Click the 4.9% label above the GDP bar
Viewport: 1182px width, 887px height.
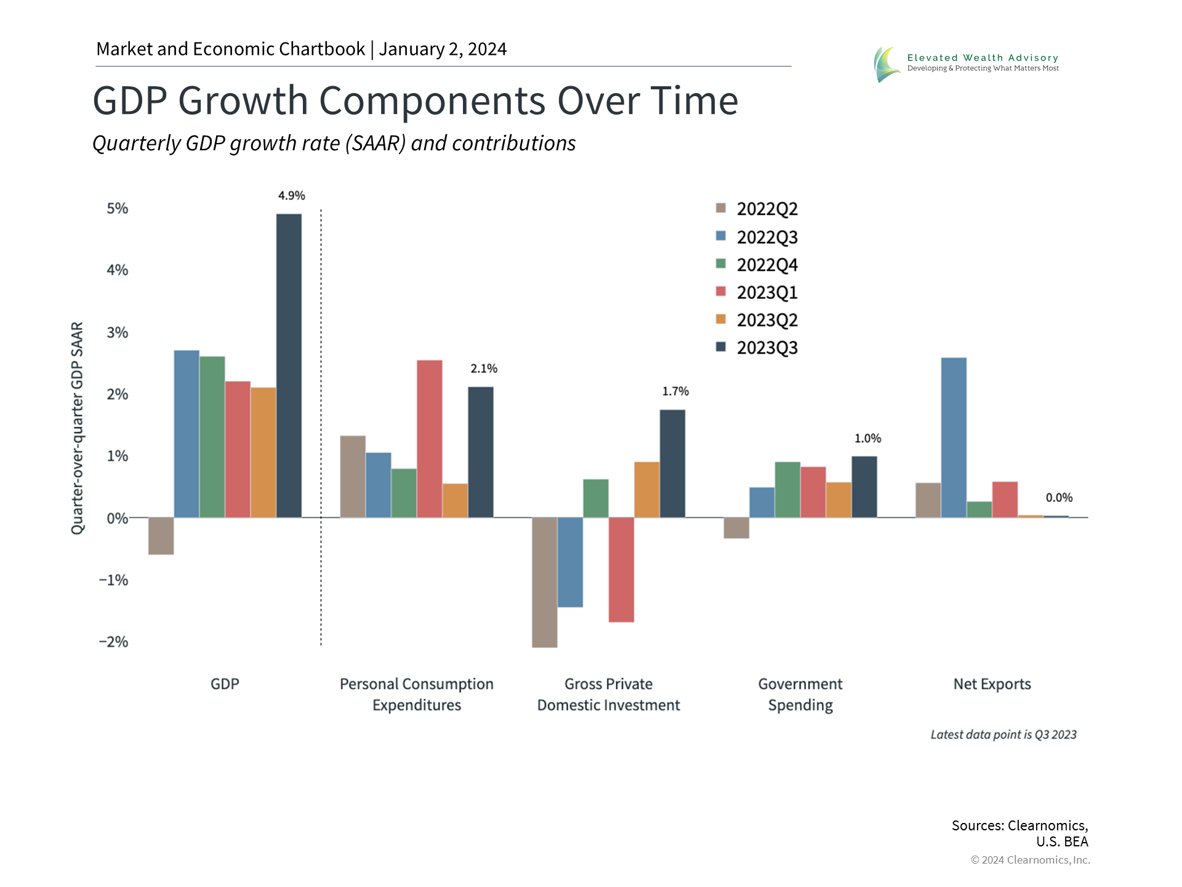click(x=291, y=195)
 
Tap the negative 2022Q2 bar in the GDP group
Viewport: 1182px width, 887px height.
click(x=161, y=536)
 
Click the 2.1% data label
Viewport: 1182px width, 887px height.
click(x=484, y=368)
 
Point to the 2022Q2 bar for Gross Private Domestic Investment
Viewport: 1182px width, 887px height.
click(x=544, y=582)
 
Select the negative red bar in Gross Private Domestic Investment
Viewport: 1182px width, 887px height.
click(x=621, y=570)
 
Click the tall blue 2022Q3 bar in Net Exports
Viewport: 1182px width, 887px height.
click(x=954, y=437)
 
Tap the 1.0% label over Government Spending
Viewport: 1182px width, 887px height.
click(x=867, y=439)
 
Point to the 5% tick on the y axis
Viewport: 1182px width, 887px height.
click(x=117, y=209)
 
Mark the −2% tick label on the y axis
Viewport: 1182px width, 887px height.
click(x=114, y=642)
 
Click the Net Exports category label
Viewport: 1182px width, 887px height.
click(x=992, y=684)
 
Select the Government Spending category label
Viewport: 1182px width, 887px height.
click(x=800, y=694)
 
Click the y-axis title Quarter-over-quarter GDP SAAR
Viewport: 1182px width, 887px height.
click(x=77, y=428)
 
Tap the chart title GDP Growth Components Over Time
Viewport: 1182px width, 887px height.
click(x=416, y=100)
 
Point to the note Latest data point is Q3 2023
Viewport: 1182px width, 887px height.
click(x=1003, y=734)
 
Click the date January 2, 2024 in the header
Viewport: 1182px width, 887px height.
click(x=443, y=49)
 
